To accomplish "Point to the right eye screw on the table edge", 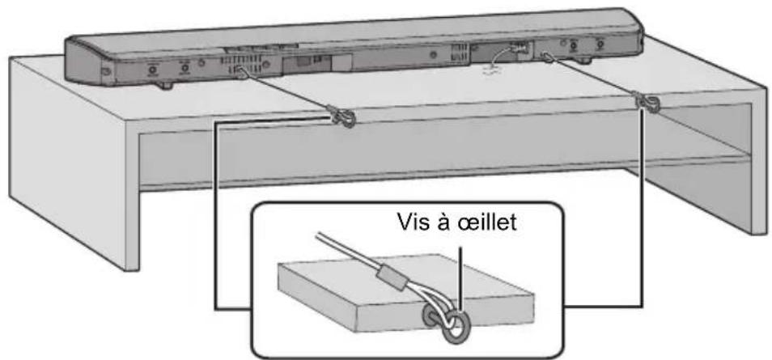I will (645, 103).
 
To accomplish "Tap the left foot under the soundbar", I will (167, 84).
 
